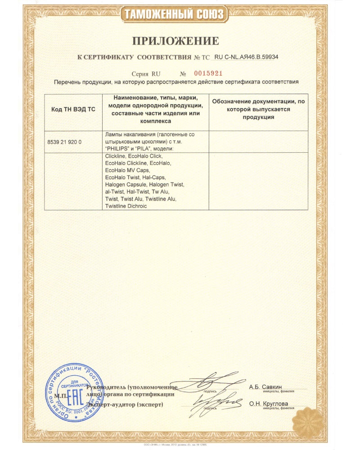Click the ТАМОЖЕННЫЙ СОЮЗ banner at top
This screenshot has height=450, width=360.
pyautogui.click(x=173, y=14)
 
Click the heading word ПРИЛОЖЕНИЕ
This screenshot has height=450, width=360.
pyautogui.click(x=175, y=41)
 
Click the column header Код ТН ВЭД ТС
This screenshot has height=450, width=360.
pyautogui.click(x=72, y=109)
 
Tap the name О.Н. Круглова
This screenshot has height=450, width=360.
pyautogui.click(x=269, y=404)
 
